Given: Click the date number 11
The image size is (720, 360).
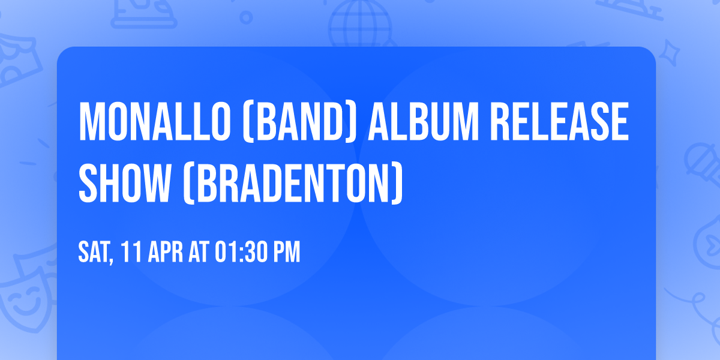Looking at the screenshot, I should pyautogui.click(x=130, y=253).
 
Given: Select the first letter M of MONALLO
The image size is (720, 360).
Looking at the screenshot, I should pyautogui.click(x=90, y=122).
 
